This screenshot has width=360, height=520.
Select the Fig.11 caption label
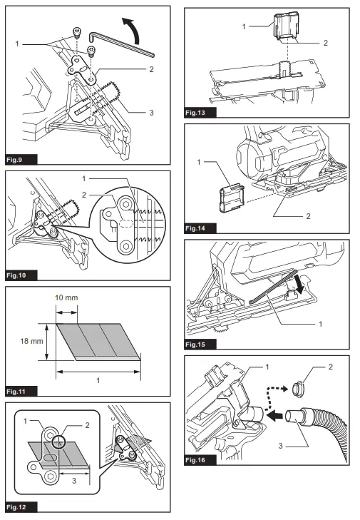coord(18,391)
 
